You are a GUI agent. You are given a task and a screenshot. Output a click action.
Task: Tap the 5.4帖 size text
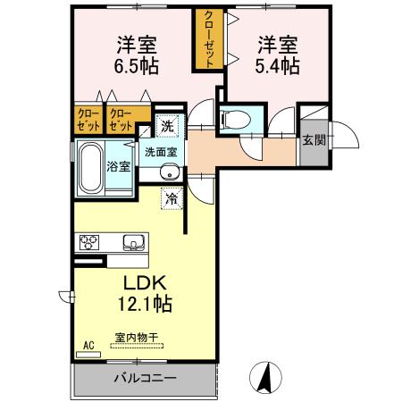click(279, 66)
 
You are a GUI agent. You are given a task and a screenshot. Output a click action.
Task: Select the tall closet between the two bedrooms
click(208, 40)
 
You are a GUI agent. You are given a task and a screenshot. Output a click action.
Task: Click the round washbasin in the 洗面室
click(170, 172)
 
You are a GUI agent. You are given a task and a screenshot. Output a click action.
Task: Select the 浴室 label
click(119, 166)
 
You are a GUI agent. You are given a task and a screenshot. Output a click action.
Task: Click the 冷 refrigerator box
click(170, 198)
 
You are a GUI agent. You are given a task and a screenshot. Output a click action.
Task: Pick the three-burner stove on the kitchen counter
click(91, 242)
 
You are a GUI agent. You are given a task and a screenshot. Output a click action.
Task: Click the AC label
click(88, 344)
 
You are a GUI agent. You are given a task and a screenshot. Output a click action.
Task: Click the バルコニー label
click(145, 378)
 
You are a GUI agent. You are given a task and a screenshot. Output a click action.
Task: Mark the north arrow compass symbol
click(264, 377)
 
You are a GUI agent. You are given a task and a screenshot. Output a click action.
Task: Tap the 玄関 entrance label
click(312, 139)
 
